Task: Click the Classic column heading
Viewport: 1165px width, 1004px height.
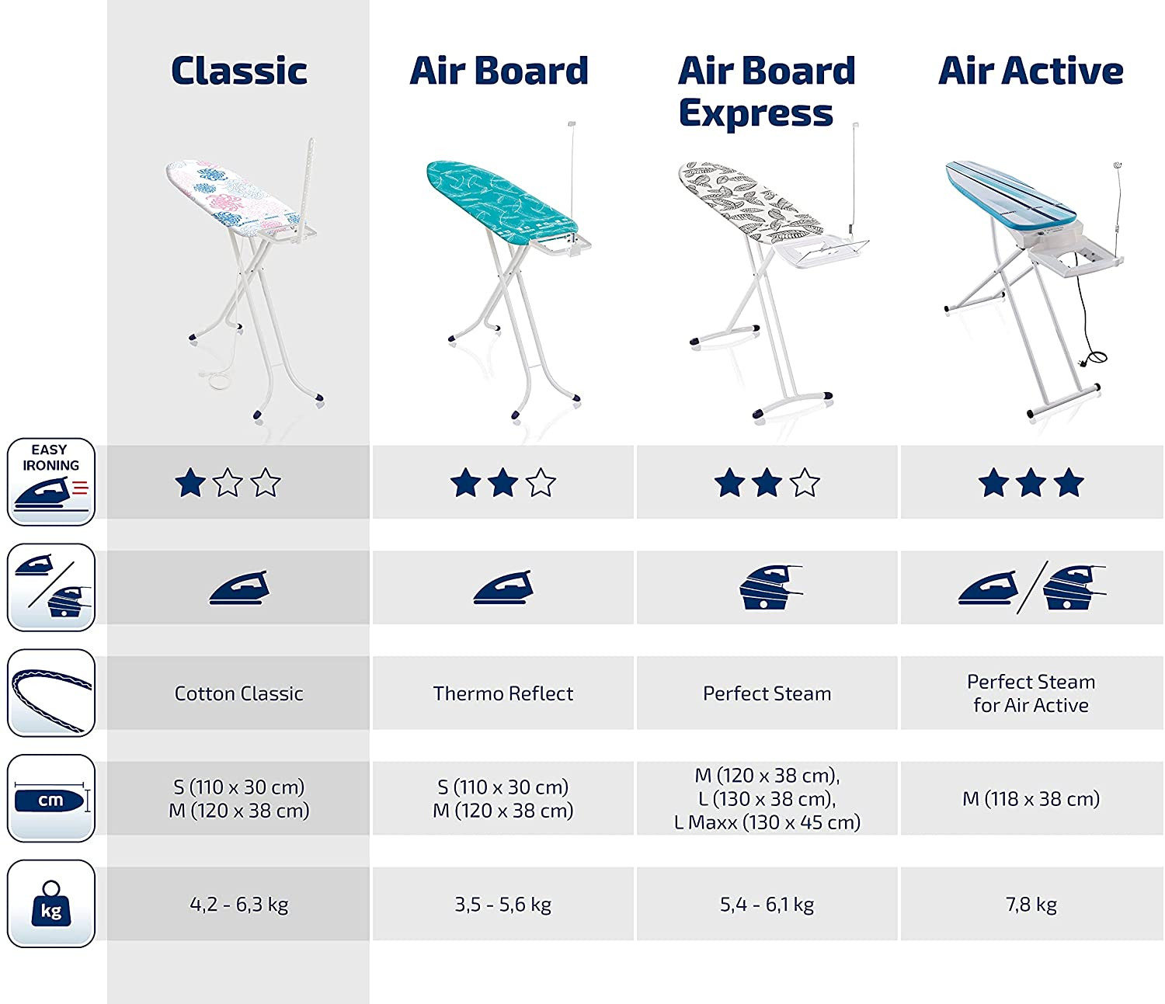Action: coord(239,71)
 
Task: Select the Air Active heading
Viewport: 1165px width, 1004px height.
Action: coord(1031,71)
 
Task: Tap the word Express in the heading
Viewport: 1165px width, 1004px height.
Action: coord(756,113)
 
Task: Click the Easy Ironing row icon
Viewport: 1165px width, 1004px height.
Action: coord(51,481)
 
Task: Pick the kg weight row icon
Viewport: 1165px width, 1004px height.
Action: coord(51,904)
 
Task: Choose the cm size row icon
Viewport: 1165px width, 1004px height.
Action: coord(51,798)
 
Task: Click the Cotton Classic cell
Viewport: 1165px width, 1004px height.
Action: coord(239,693)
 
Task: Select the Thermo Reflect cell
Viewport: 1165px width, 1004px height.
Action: coord(503,693)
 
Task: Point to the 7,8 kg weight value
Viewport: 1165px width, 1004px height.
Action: coord(1031,905)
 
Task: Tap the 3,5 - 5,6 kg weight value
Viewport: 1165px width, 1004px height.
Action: coord(503,905)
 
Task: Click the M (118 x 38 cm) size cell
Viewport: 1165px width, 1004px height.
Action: coord(1031,799)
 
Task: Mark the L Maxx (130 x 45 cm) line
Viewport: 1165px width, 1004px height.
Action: coord(767,822)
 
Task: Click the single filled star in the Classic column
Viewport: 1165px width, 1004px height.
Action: coord(190,482)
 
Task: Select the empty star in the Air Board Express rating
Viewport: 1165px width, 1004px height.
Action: coord(805,482)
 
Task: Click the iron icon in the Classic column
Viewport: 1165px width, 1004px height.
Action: coord(239,588)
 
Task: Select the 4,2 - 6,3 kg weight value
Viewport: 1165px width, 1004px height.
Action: coord(239,905)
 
